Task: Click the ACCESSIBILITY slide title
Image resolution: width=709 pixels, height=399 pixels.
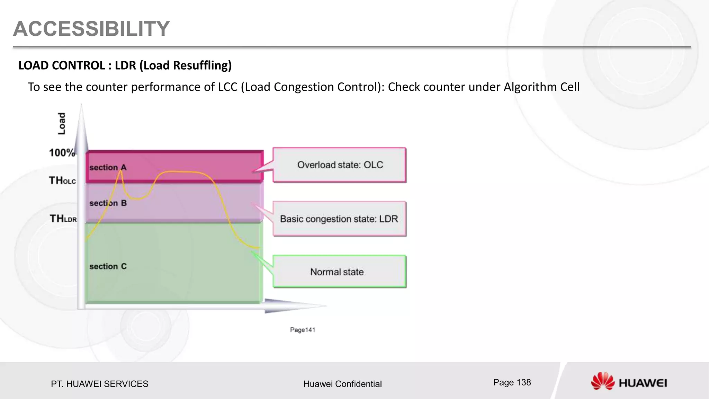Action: click(91, 28)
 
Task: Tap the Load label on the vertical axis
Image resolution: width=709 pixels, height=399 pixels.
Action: click(62, 124)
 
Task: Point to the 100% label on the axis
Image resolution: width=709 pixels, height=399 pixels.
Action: click(62, 153)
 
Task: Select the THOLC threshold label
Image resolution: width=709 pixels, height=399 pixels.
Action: click(62, 180)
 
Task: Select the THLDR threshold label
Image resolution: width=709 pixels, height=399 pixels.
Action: click(63, 219)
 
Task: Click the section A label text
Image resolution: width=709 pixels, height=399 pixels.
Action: click(108, 168)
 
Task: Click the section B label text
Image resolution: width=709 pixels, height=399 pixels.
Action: click(108, 203)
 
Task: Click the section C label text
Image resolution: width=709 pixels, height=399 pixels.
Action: click(108, 266)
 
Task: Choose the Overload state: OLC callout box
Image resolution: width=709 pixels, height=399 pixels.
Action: click(340, 165)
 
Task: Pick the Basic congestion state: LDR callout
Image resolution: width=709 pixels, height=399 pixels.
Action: click(339, 219)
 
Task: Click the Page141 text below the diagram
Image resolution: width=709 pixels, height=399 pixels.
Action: click(303, 330)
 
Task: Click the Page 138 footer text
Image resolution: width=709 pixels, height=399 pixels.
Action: click(512, 382)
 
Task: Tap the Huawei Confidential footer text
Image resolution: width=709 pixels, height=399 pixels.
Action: click(342, 384)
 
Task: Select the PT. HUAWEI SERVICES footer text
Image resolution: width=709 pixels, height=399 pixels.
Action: click(99, 384)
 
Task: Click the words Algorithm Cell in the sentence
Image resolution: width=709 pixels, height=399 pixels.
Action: click(541, 87)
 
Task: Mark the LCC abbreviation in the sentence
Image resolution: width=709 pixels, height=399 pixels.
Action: click(228, 87)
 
